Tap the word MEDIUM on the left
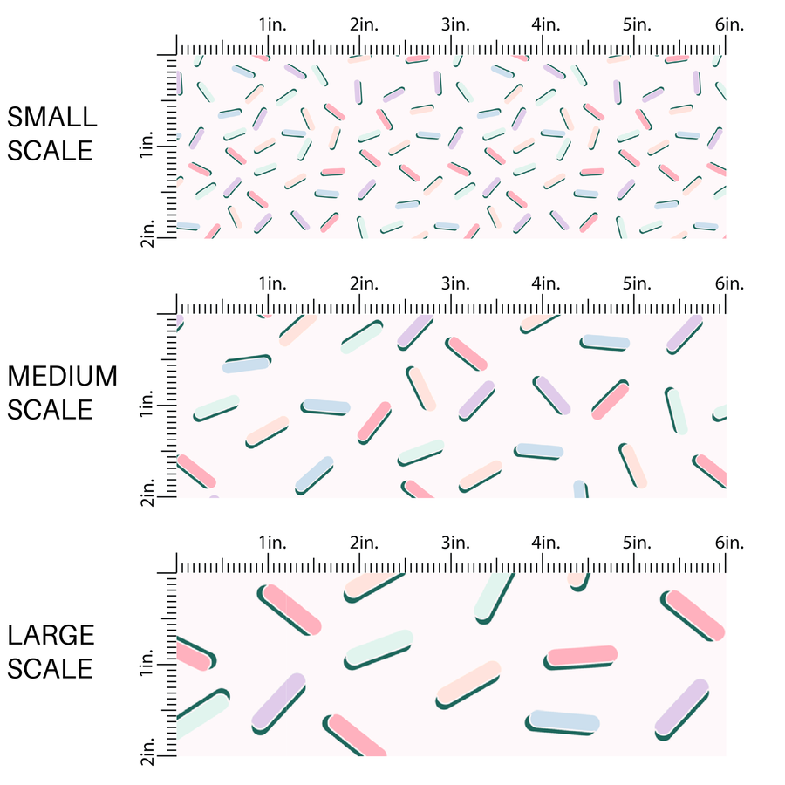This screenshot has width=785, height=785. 63,376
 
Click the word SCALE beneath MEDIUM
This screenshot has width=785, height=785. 51,409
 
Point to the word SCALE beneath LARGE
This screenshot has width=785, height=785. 51,668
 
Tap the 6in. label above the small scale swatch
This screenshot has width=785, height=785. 729,24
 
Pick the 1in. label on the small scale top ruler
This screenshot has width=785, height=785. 273,24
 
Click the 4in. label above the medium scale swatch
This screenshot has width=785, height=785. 547,283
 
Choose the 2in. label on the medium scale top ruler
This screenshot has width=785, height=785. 364,283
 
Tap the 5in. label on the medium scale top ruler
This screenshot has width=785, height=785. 638,283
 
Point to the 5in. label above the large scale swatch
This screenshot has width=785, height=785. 638,543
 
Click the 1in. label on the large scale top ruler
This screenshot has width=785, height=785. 273,543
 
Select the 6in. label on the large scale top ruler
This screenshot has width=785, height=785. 729,543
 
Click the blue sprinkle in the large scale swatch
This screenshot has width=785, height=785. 563,720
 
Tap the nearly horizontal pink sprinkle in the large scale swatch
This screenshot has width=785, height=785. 582,656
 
